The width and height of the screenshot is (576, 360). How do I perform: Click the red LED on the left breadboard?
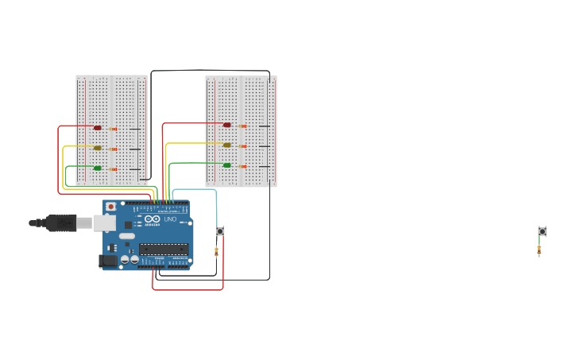coord(98,128)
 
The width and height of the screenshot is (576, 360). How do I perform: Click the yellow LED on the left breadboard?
coord(98,148)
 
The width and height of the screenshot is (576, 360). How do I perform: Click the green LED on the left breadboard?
coord(98,168)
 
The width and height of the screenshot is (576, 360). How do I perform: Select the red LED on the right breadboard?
coord(227,125)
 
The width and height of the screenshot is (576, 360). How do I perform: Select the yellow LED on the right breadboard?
coord(227,145)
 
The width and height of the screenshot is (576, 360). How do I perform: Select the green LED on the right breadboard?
coord(227,165)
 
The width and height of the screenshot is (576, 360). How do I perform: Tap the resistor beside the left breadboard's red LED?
coord(113,129)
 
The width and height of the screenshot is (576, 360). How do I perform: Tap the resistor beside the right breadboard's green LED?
coord(242,166)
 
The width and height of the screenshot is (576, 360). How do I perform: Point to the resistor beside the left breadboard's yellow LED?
coord(113,149)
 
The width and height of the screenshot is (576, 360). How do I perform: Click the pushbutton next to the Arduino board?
coord(220,231)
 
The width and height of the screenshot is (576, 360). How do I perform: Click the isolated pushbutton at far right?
coord(542,231)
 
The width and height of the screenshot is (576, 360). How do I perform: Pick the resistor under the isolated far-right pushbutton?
coord(539,250)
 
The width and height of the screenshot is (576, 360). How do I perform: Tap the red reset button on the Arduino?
coord(110,207)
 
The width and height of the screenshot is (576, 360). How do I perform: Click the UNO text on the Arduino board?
coord(170,219)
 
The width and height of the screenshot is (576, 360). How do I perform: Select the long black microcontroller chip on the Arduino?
coord(164,250)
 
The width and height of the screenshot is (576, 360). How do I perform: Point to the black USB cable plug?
coord(60,223)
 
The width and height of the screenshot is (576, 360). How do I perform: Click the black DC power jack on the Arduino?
coord(107,261)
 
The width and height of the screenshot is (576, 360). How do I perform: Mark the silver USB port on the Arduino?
coord(105,223)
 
